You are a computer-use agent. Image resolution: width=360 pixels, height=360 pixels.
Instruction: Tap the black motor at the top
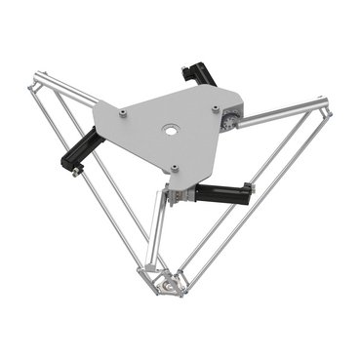199,75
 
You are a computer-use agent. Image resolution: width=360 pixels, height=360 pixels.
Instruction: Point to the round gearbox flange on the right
226,118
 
